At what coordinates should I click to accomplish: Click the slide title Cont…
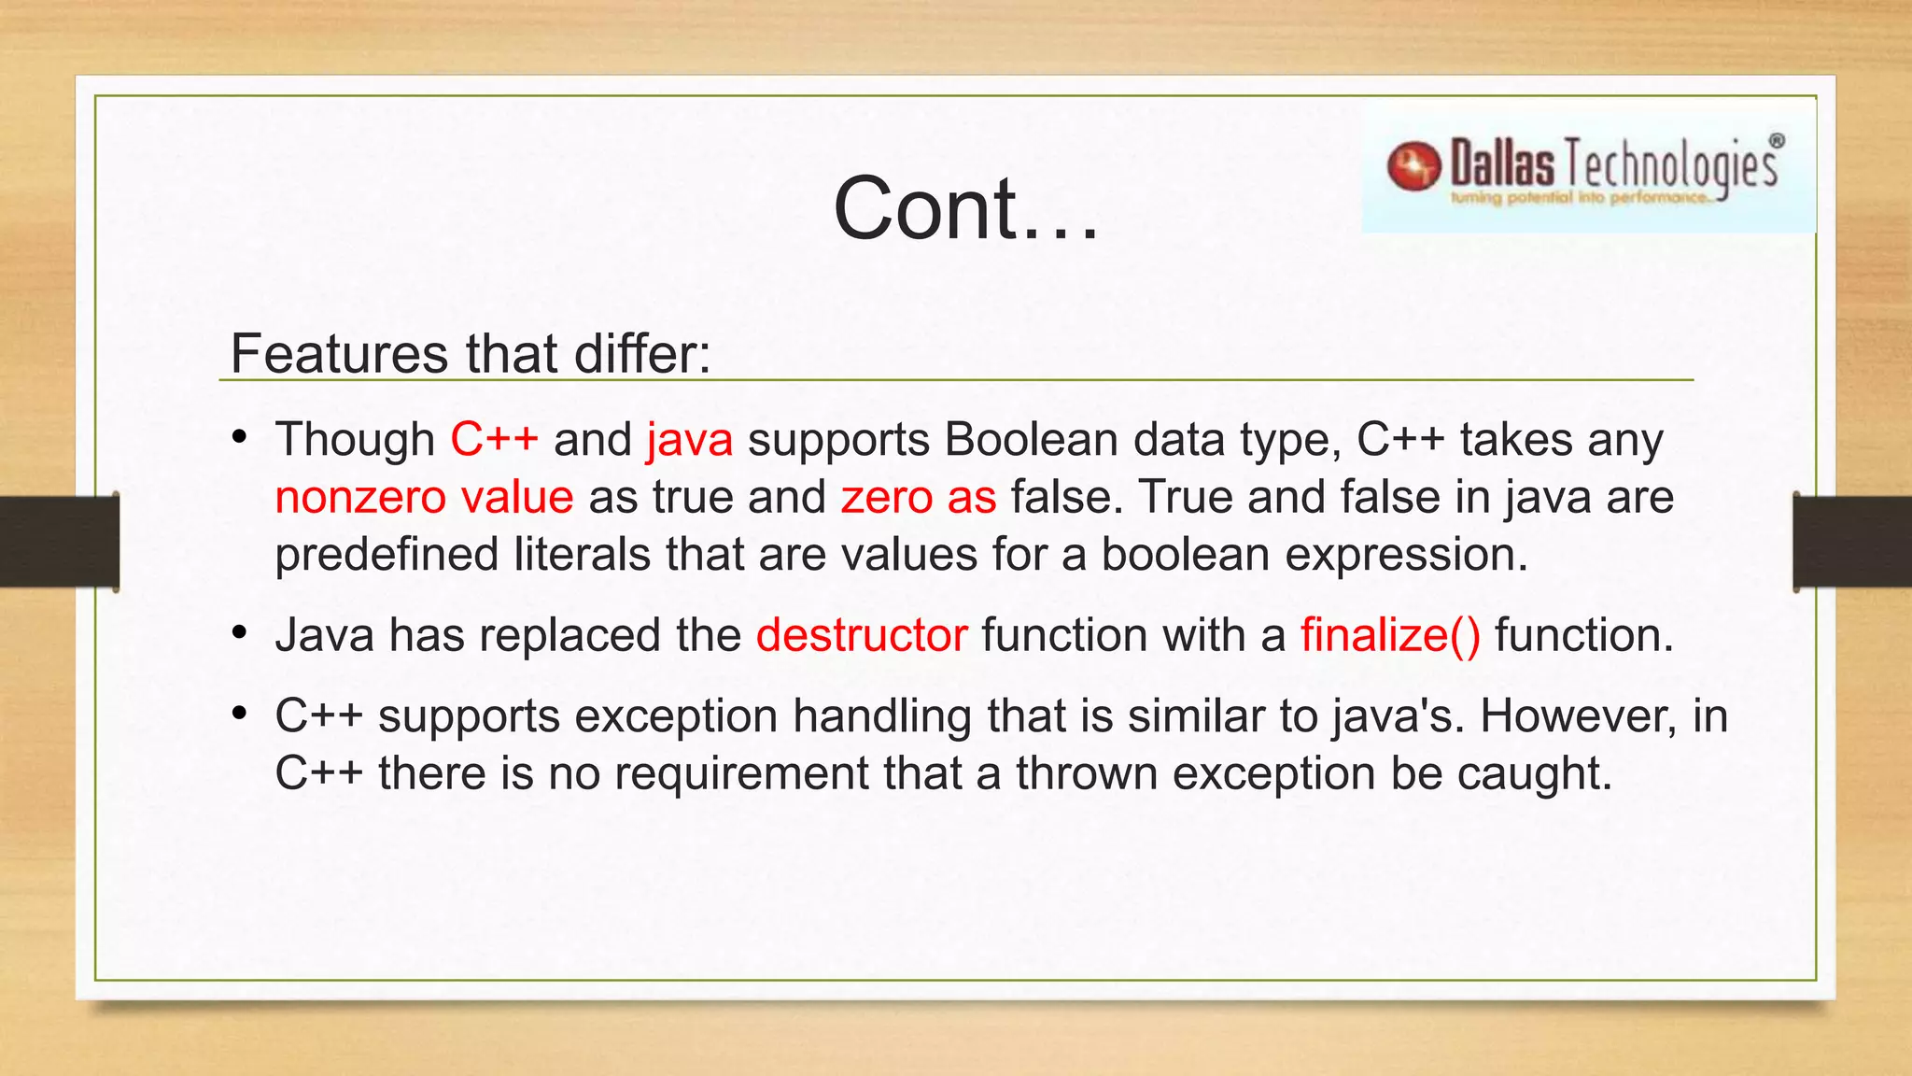(x=965, y=208)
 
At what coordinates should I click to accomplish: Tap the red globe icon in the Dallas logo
(x=1413, y=166)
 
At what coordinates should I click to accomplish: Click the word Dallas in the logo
(x=1502, y=164)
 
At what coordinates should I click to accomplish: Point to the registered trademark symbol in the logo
(x=1777, y=141)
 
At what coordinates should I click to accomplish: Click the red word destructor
(x=861, y=635)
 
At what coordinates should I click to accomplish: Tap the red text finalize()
(x=1390, y=635)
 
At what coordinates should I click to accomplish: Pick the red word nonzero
(x=360, y=497)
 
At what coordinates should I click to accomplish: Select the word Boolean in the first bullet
(x=1031, y=439)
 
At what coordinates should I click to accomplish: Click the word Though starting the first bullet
(x=355, y=439)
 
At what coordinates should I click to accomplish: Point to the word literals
(x=582, y=554)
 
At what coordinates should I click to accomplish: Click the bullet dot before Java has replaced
(x=240, y=634)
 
